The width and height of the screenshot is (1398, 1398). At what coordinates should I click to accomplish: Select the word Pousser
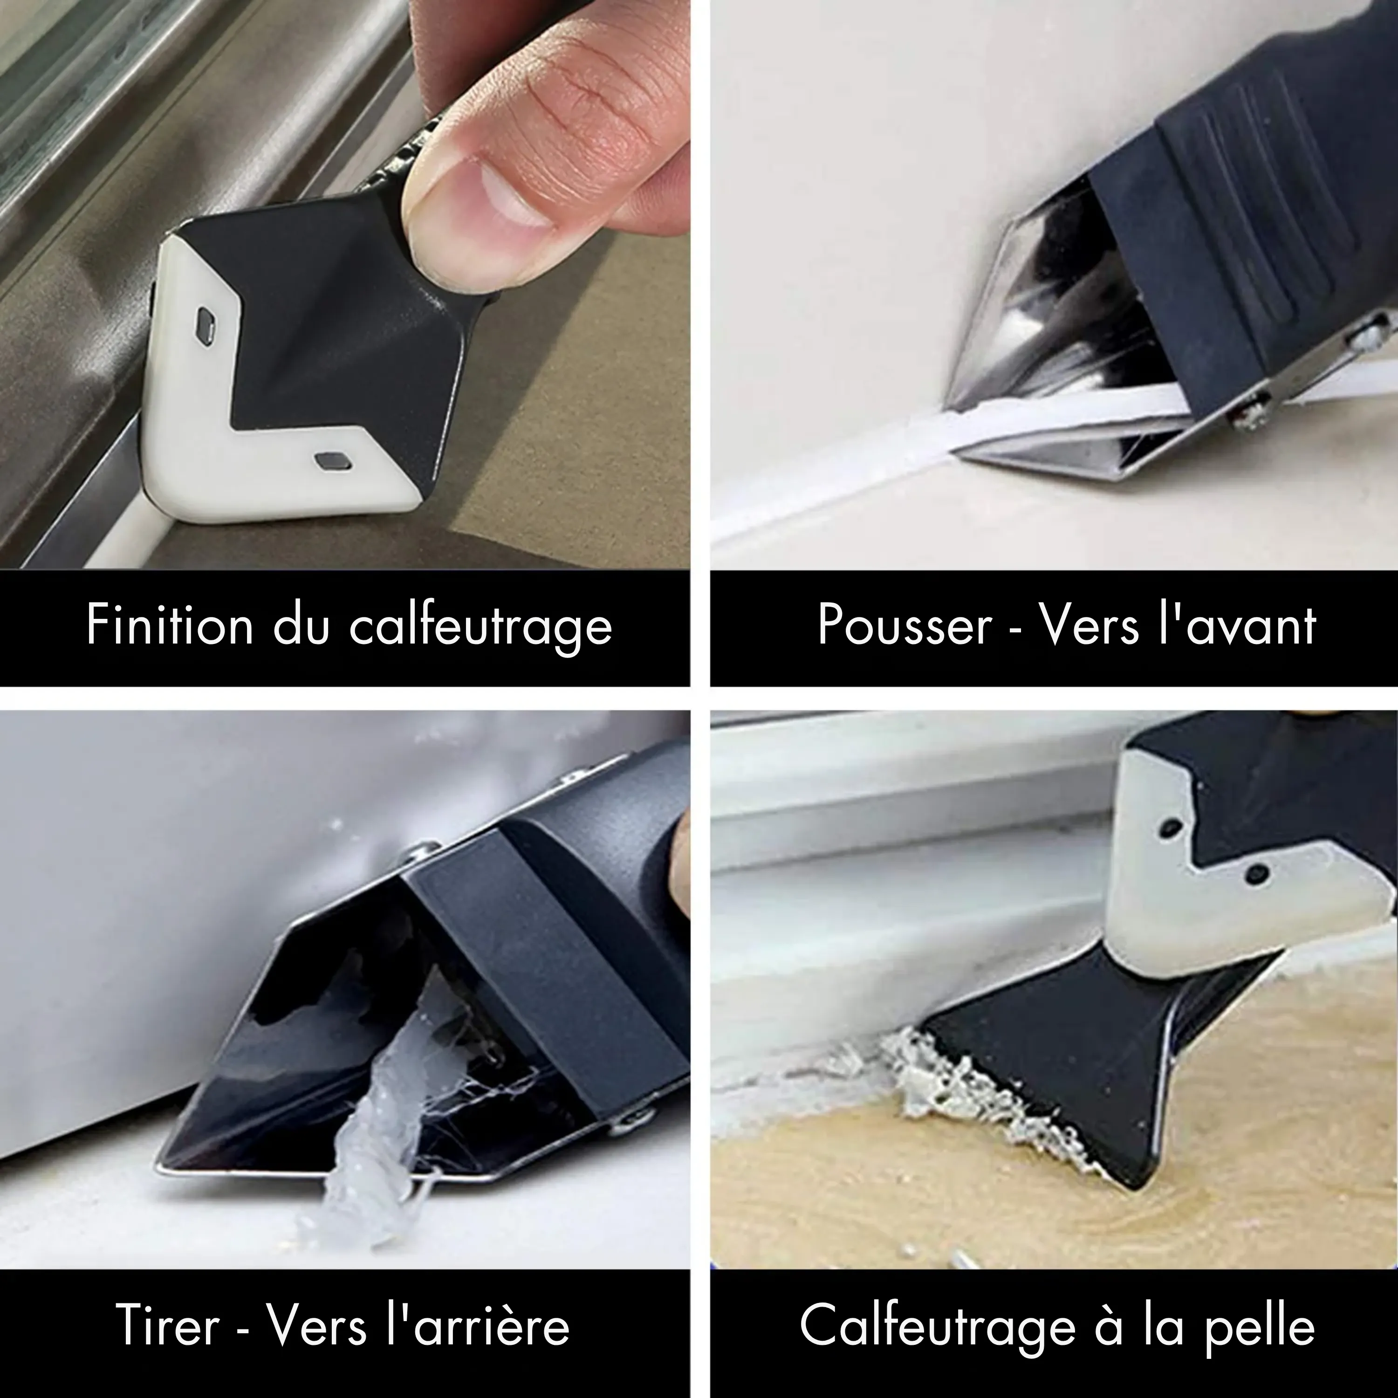click(905, 625)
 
